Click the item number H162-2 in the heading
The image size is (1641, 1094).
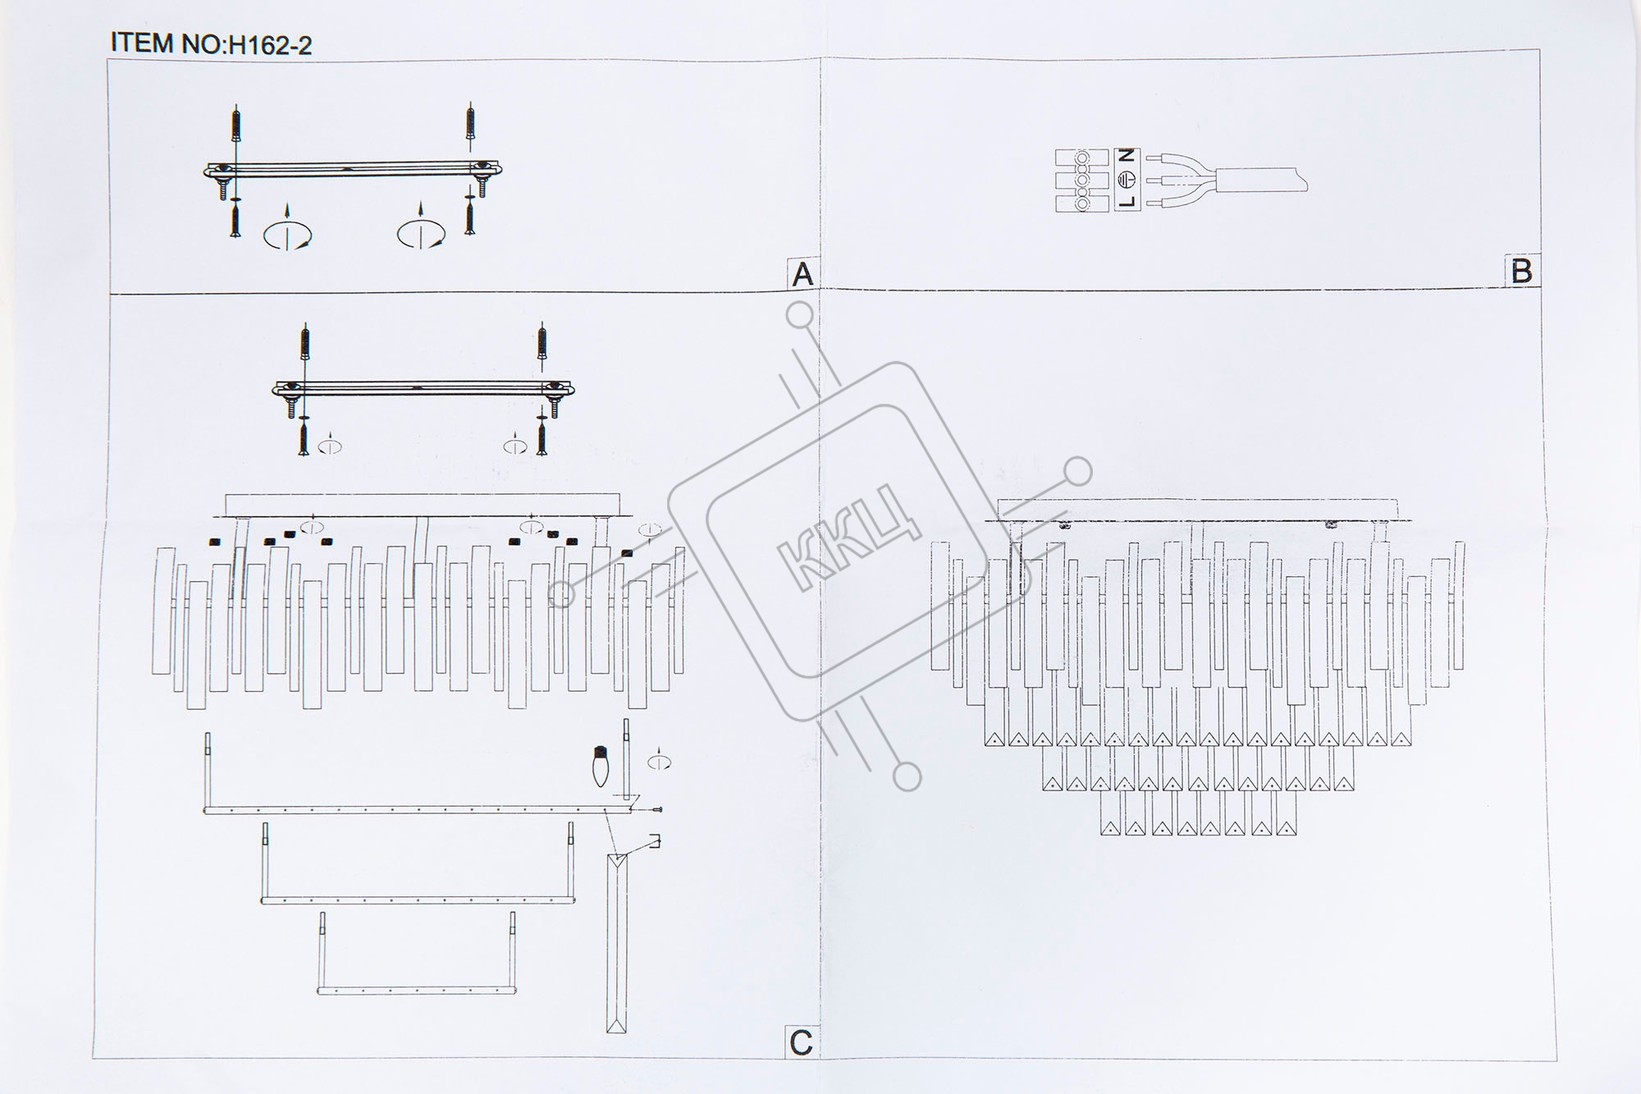270,44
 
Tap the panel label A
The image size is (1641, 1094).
802,274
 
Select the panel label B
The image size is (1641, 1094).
1521,272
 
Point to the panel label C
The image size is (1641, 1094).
801,1042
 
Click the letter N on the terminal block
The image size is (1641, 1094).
1127,155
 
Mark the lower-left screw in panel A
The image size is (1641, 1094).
235,221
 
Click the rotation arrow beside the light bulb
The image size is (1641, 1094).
658,760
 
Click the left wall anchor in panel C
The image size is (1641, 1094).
305,344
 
